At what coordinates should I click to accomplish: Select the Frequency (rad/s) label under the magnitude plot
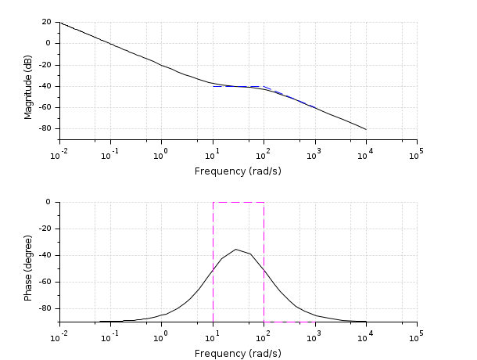pyautogui.click(x=238, y=171)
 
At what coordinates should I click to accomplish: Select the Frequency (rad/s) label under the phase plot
pyautogui.click(x=238, y=353)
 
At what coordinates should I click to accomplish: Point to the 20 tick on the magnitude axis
pyautogui.click(x=46, y=22)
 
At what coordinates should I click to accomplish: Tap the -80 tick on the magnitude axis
pyautogui.click(x=44, y=128)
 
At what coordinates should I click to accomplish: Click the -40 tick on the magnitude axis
pyautogui.click(x=44, y=86)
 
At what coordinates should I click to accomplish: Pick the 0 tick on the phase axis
pyautogui.click(x=48, y=202)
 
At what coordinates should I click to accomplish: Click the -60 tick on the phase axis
pyautogui.click(x=44, y=282)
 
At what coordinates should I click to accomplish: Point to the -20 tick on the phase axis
pyautogui.click(x=44, y=229)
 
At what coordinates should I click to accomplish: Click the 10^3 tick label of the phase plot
pyautogui.click(x=315, y=334)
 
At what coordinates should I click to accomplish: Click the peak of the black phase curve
pyautogui.click(x=235, y=250)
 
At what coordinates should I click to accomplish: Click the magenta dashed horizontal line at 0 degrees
pyautogui.click(x=238, y=202)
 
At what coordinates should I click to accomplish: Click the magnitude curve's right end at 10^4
pyautogui.click(x=366, y=129)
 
